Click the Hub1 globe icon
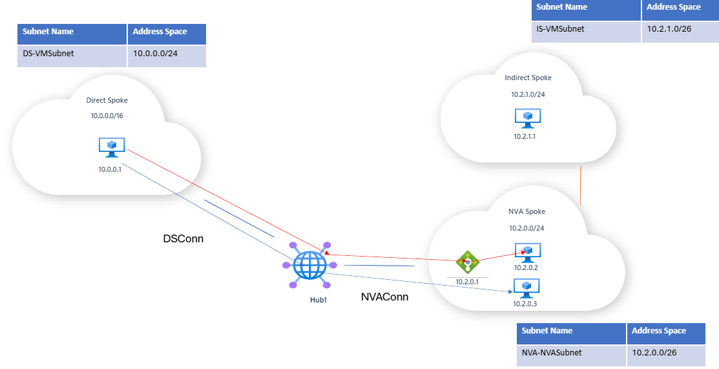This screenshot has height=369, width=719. pyautogui.click(x=309, y=265)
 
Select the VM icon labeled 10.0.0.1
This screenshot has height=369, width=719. pyautogui.click(x=112, y=147)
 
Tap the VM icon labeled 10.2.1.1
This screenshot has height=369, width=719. pyautogui.click(x=527, y=118)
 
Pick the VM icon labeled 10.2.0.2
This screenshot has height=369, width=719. pyautogui.click(x=528, y=251)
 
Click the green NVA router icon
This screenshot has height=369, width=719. pyautogui.click(x=467, y=262)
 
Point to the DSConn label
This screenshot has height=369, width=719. pyautogui.click(x=183, y=239)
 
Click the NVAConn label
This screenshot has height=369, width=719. pyautogui.click(x=384, y=298)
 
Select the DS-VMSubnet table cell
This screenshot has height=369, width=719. pyautogui.click(x=72, y=55)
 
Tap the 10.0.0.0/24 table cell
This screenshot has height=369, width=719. pyautogui.click(x=167, y=55)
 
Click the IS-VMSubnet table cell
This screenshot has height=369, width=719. pyautogui.click(x=586, y=29)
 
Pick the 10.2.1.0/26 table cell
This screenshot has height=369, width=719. pyautogui.click(x=680, y=29)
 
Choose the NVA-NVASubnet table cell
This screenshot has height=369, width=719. pyautogui.click(x=571, y=353)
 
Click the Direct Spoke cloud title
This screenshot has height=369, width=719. pyautogui.click(x=107, y=101)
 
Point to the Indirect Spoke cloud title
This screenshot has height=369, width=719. pyautogui.click(x=528, y=78)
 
